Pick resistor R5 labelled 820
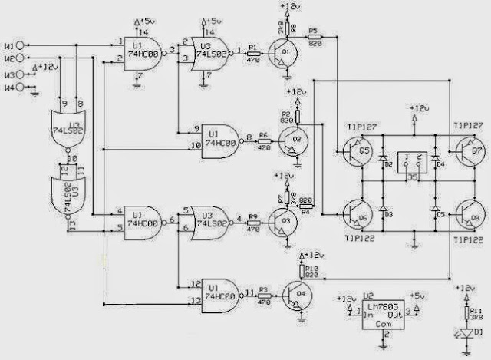point(314,38)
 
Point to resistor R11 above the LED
point(463,312)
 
